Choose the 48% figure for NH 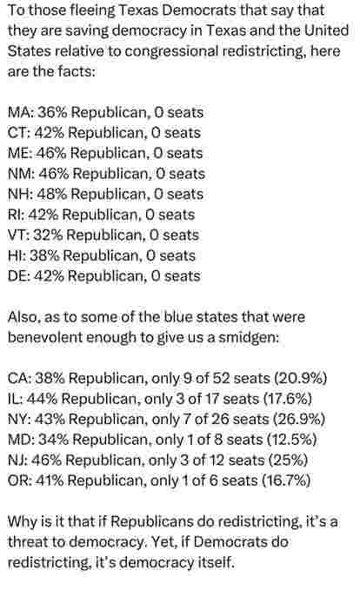coord(52,194)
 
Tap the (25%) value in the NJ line coord(291,461)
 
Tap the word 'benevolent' coord(45,337)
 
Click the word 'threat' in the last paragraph coord(28,542)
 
